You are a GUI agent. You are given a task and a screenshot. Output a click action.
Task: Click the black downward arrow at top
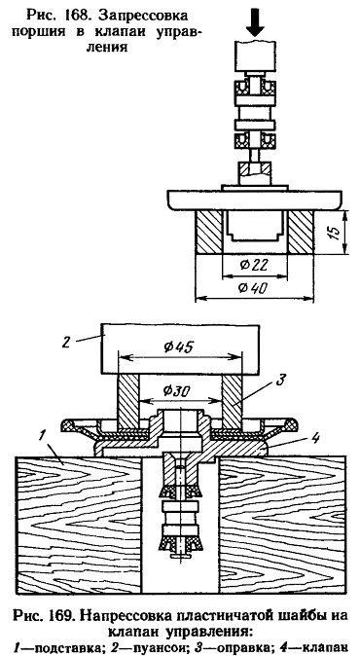255,26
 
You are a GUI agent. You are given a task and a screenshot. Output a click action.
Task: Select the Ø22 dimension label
254,265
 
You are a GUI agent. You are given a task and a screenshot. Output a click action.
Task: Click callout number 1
41,435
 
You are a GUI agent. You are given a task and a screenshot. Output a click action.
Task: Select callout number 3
280,380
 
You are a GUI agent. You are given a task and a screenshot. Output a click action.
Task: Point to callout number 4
315,438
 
